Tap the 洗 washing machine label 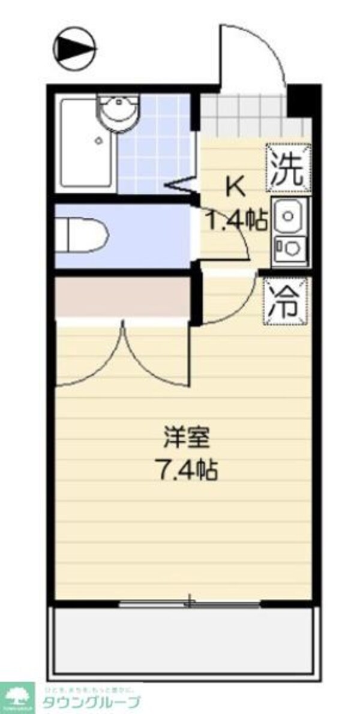[x=289, y=169]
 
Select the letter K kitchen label [x=235, y=188]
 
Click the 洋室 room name [x=187, y=439]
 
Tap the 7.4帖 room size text [x=187, y=469]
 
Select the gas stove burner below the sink [x=289, y=248]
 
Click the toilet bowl [x=84, y=236]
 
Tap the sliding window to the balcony [x=189, y=603]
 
